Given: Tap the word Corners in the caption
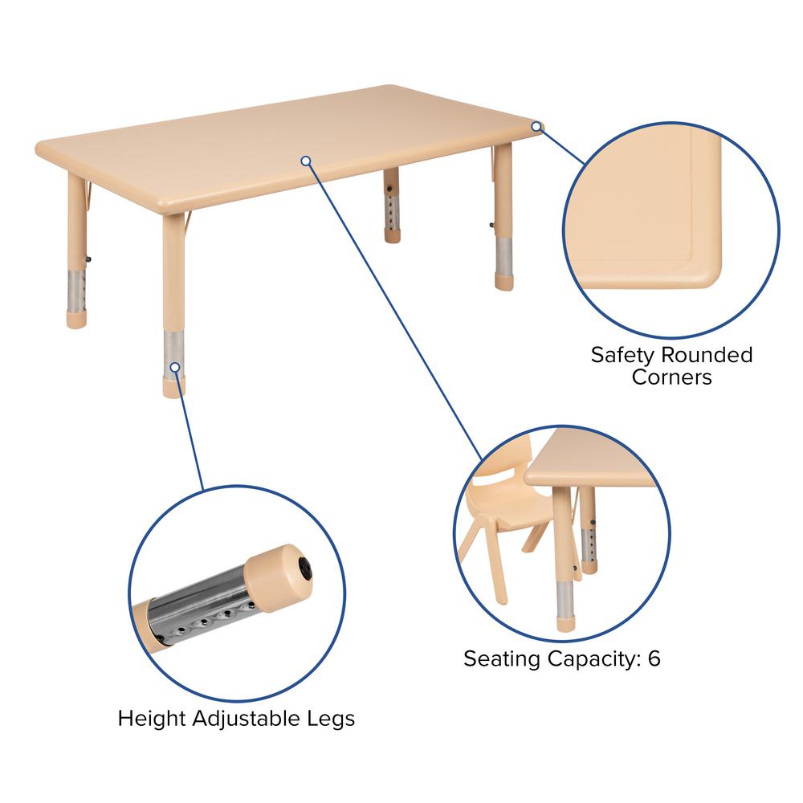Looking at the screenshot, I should [x=671, y=377].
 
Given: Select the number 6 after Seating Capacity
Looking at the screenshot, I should [x=654, y=659].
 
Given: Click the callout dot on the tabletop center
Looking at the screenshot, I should [x=306, y=161].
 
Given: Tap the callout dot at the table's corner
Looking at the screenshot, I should [x=536, y=126].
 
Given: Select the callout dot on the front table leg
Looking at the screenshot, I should [x=173, y=366].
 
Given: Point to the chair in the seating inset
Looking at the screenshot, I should [x=498, y=514].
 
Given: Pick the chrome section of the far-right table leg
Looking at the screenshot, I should [x=503, y=256].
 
